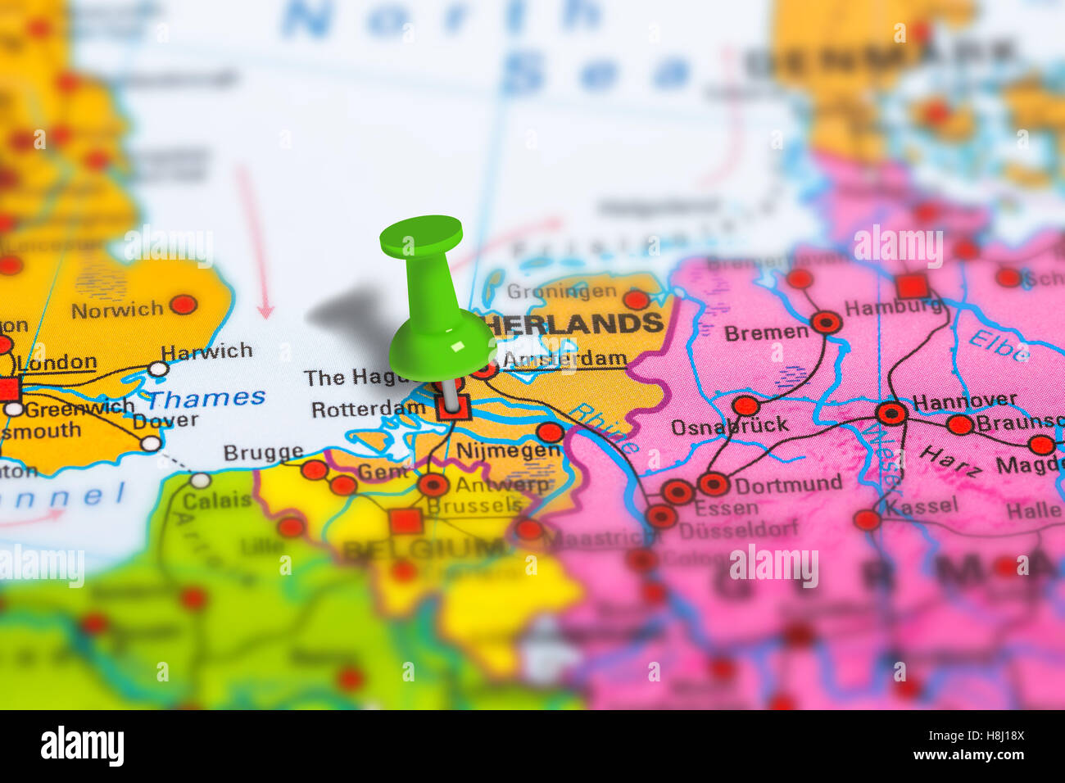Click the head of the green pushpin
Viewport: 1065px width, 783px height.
[421, 235]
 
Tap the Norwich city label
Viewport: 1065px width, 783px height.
[117, 310]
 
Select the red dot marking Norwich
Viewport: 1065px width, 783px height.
[183, 305]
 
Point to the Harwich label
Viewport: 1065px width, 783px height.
[206, 352]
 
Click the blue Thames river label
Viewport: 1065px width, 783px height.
[206, 399]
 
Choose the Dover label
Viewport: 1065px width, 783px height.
[165, 421]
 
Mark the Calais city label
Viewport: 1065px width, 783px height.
[216, 500]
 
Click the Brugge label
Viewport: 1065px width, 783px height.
[263, 453]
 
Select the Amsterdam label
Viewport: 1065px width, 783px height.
[564, 360]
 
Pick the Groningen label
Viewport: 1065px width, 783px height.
[561, 292]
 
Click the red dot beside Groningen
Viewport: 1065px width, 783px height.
[636, 300]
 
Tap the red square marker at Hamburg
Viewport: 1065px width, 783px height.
[912, 287]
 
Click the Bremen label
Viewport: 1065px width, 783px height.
[766, 333]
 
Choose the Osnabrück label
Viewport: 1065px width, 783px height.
[729, 426]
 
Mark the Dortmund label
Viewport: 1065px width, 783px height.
[788, 483]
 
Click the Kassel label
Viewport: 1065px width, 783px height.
[921, 506]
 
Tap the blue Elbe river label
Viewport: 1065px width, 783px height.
[998, 345]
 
